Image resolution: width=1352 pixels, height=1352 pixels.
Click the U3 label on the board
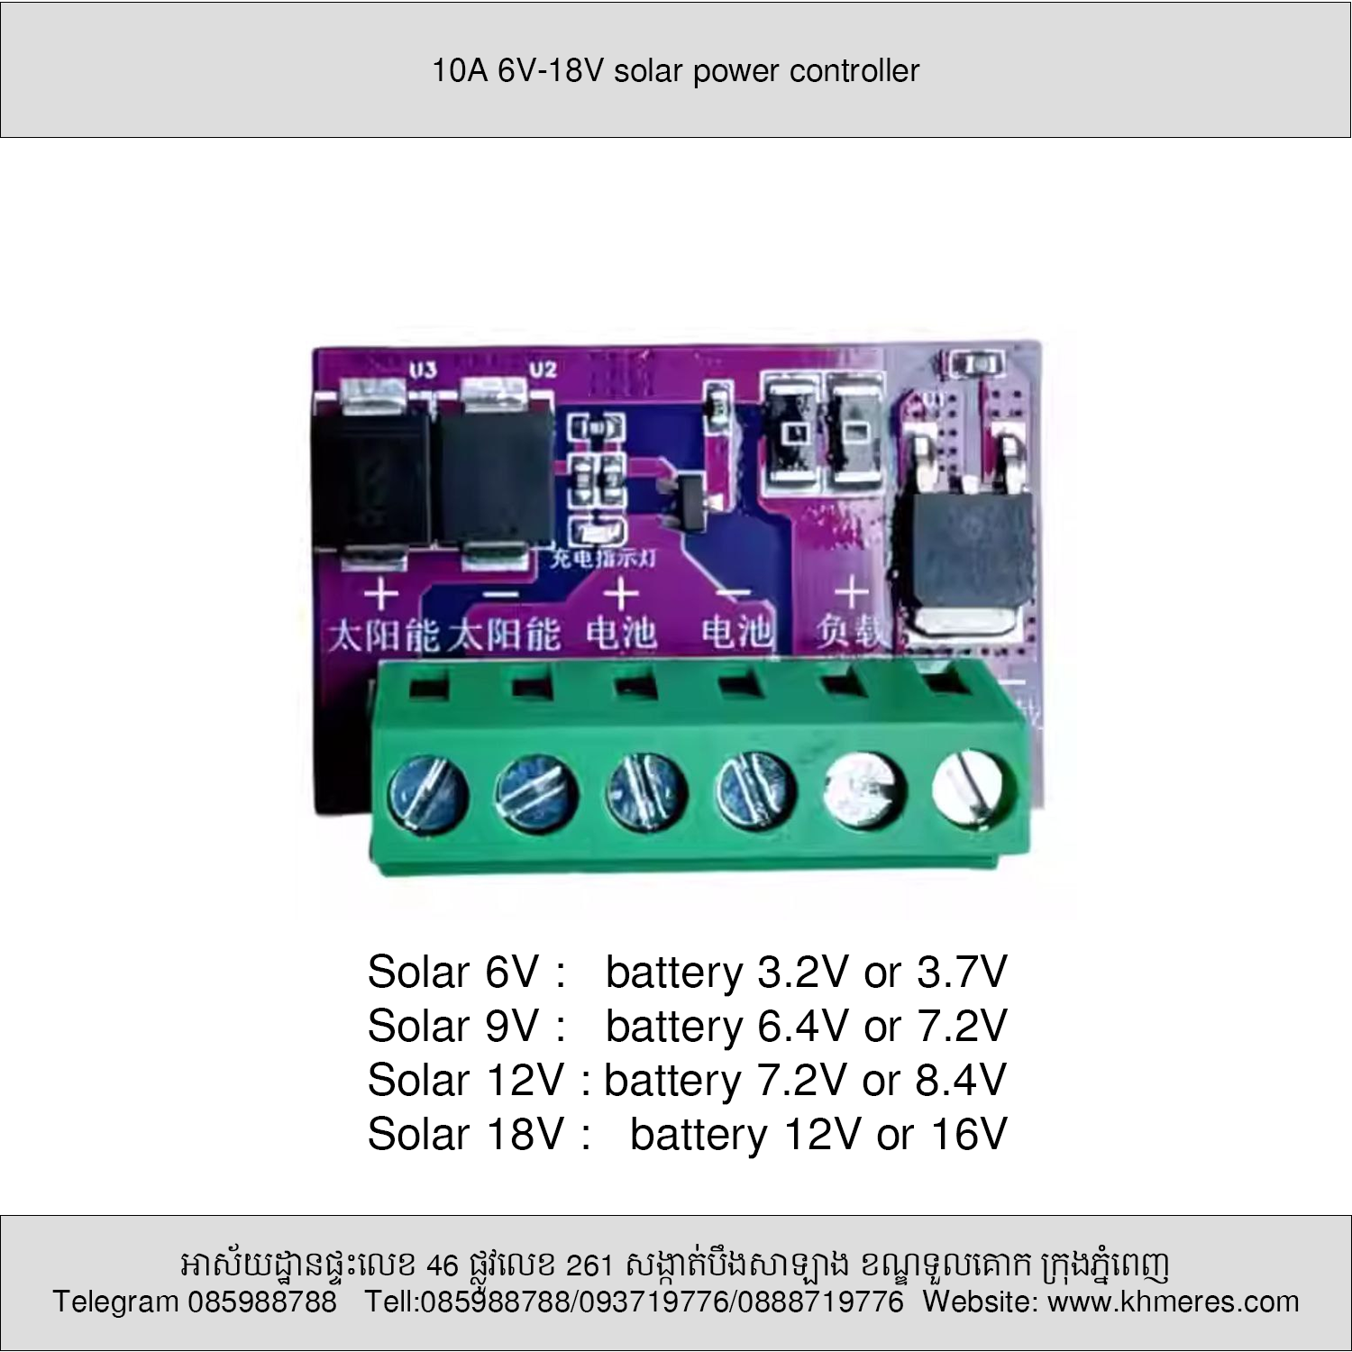[x=423, y=370]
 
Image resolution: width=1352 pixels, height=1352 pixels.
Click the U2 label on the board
[x=542, y=370]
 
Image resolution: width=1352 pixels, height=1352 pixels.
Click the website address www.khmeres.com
[x=1173, y=1302]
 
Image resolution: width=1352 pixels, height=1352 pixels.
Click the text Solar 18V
[x=466, y=1134]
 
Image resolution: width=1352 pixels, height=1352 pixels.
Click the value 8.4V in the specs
[x=961, y=1080]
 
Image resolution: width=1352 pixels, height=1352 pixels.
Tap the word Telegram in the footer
[x=115, y=1302]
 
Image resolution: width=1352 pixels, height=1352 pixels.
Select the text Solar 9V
[x=453, y=1026]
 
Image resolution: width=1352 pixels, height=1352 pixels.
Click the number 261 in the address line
[x=589, y=1266]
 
